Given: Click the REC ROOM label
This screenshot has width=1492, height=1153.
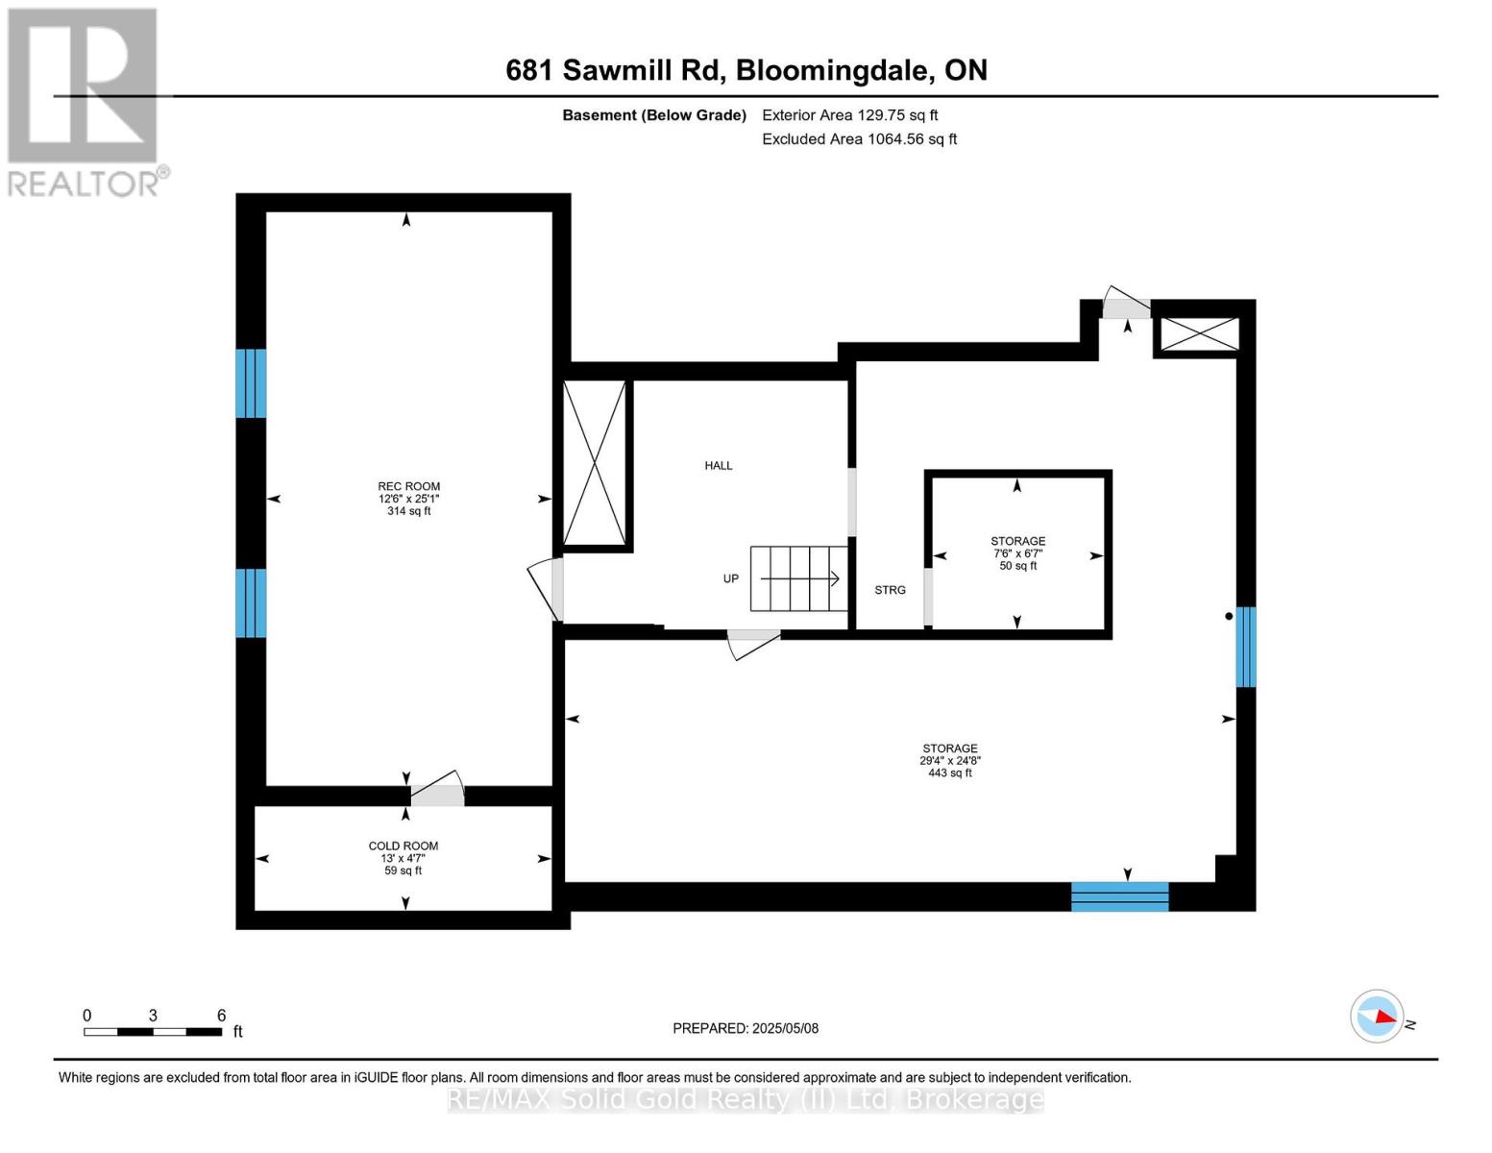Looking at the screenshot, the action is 408,486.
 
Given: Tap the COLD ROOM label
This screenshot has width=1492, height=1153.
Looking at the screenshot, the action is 404,846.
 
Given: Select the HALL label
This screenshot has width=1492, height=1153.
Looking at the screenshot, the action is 719,466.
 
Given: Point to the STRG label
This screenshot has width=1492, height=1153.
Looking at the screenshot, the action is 890,590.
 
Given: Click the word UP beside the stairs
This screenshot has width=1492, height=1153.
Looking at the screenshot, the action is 730,579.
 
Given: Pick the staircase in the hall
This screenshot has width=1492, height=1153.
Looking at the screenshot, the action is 799,578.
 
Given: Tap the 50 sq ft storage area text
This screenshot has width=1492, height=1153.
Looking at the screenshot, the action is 1017,566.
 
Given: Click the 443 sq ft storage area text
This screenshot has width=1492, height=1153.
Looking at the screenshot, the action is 950,773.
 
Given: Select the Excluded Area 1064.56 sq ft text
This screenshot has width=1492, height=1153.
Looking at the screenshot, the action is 859,138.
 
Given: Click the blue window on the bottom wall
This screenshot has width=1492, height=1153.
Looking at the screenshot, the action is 1119,896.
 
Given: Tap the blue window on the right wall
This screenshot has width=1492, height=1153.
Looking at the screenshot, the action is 1245,647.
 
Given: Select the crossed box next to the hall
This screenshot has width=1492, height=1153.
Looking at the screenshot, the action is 594,462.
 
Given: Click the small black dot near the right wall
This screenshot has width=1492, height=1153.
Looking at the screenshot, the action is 1229,616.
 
